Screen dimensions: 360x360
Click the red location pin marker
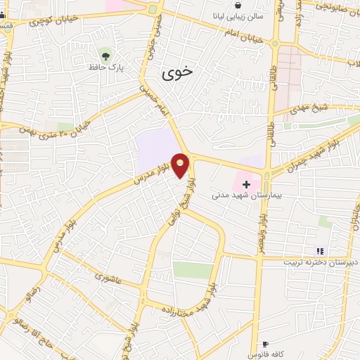point(181,165)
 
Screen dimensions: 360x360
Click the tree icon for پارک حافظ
point(106,54)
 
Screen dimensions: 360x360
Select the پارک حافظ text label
point(105,67)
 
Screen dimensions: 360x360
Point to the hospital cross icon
point(245,184)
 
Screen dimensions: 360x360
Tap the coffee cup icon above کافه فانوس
point(264,344)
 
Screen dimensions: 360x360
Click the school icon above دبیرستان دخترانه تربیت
point(320,250)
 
